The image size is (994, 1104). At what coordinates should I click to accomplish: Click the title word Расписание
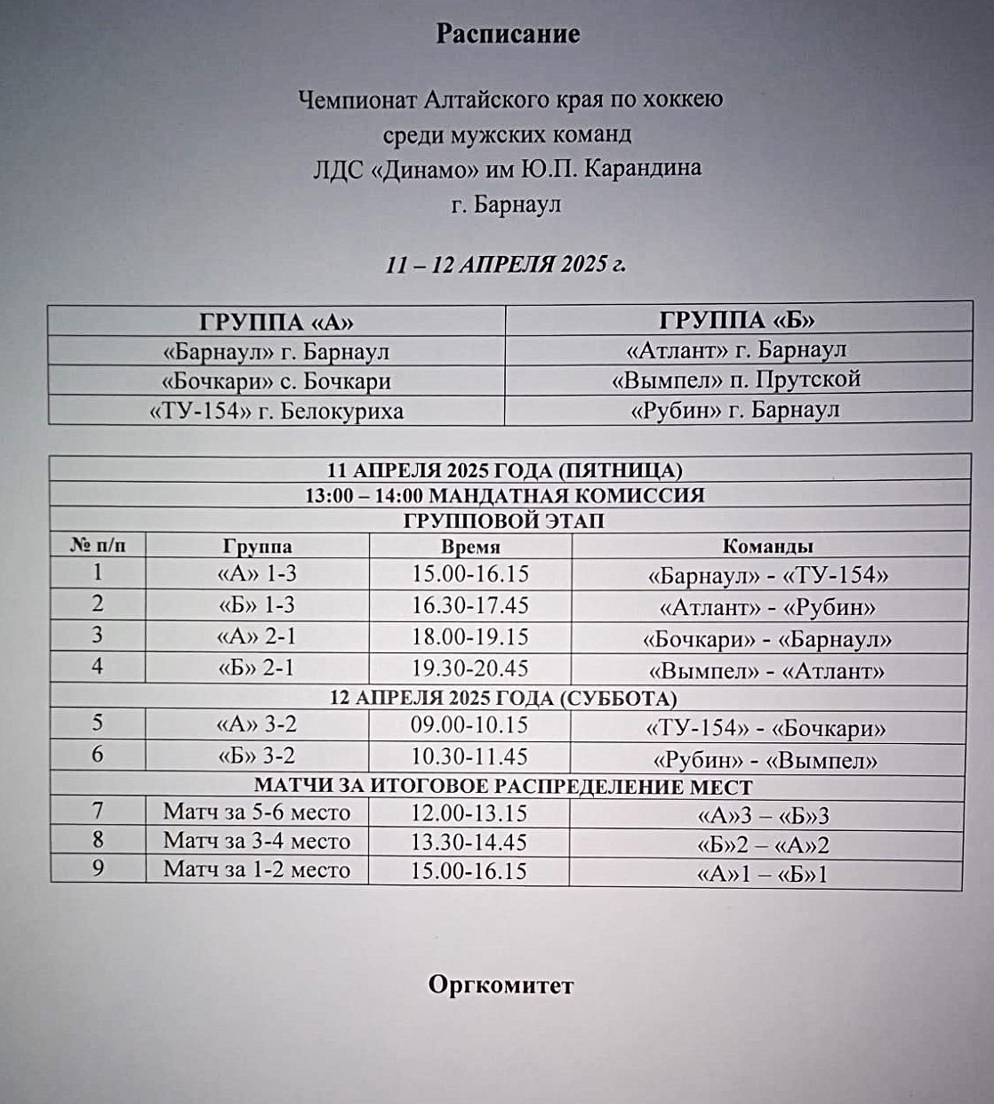[x=508, y=34]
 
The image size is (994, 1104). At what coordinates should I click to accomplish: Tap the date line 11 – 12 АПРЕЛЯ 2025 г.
[x=506, y=264]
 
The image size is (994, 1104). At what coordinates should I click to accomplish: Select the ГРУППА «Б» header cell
[x=737, y=319]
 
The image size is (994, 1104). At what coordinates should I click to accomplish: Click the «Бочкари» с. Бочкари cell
[x=276, y=381]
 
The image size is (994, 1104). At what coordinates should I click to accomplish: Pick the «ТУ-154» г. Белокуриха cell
[x=276, y=412]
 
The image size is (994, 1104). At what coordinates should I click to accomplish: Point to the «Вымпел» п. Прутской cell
[x=737, y=380]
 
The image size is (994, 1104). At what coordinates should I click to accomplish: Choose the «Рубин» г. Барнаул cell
[x=737, y=410]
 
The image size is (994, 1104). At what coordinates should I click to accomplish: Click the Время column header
[x=470, y=547]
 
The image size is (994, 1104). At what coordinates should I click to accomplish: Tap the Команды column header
[x=768, y=546]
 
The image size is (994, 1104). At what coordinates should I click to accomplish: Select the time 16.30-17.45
[x=470, y=605]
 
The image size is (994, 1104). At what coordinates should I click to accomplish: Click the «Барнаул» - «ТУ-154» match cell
[x=768, y=575]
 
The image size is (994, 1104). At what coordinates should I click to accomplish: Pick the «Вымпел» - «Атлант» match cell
[x=768, y=670]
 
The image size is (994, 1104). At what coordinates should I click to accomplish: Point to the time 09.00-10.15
[x=469, y=724]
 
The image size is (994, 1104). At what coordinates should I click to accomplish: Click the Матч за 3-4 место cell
[x=257, y=841]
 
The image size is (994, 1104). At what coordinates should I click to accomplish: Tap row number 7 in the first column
[x=98, y=811]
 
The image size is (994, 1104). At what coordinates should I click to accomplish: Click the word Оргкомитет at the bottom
[x=501, y=985]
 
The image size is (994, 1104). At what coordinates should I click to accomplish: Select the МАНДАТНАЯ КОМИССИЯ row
[x=505, y=495]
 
